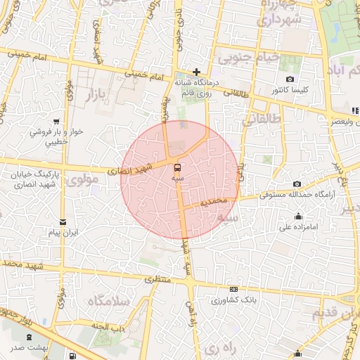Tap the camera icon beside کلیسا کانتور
tap(290, 79)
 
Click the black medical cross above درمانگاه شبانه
tap(197, 72)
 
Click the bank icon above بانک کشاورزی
tap(233, 288)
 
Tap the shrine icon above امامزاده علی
tap(300, 216)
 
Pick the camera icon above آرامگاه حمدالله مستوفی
tap(295, 184)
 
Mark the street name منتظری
tap(159, 279)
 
